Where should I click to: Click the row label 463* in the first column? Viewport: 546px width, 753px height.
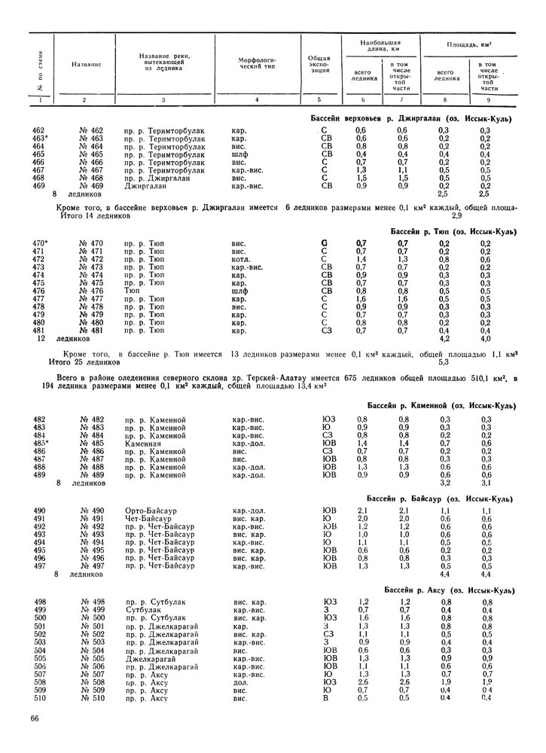coord(41,139)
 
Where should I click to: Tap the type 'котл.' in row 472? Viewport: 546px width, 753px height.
coord(242,259)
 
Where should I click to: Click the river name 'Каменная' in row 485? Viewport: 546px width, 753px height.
coord(144,444)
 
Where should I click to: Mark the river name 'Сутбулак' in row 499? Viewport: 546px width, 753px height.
coord(143,609)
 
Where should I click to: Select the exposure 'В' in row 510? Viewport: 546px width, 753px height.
coord(325,698)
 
